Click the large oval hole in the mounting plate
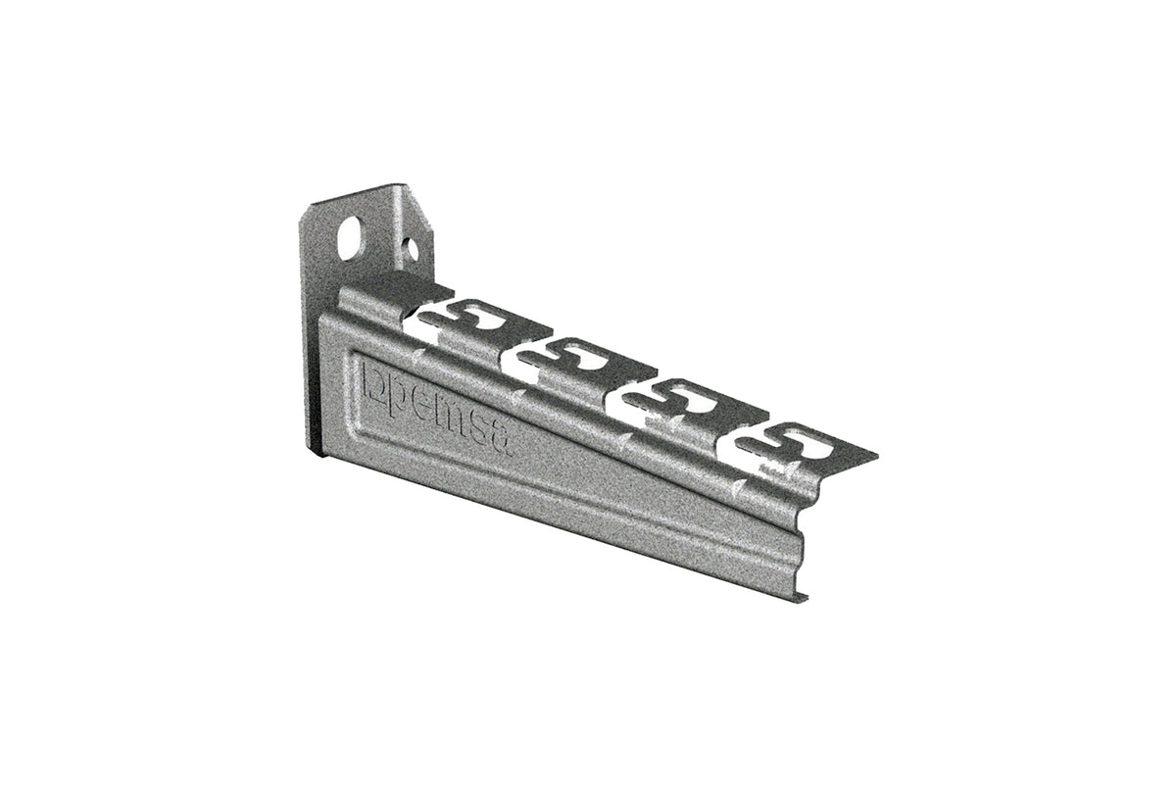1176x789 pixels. (350, 238)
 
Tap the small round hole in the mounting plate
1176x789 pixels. (412, 248)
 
